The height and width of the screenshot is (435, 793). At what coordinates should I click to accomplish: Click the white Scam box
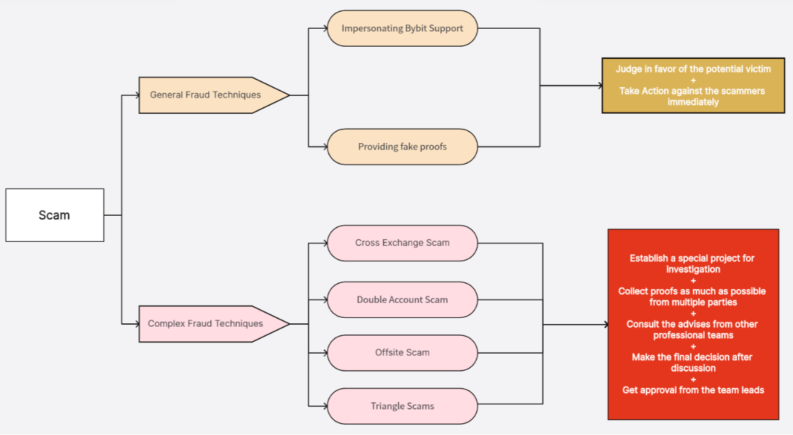coord(55,215)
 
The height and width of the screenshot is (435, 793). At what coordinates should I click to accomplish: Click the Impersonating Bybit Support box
coord(402,29)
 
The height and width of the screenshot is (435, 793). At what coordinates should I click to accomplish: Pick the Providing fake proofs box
coord(402,147)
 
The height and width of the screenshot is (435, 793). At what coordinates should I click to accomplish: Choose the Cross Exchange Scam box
coord(402,243)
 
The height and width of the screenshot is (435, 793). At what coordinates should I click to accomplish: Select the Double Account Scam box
coord(402,299)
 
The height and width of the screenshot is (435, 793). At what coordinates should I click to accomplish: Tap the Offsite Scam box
coord(402,352)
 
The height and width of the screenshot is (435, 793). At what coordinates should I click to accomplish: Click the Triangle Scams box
coord(402,406)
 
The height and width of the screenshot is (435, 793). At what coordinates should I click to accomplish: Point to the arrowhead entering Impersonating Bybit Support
coord(324,29)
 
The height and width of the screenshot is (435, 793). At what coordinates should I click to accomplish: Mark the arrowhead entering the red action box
coord(605,324)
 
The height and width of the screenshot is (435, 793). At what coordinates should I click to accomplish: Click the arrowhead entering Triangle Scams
coord(324,406)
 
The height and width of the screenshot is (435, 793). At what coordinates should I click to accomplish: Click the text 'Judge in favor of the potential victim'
coord(693,69)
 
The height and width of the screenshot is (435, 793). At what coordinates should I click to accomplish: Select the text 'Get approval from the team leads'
coord(693,390)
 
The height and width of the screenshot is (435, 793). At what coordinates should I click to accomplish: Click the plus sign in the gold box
coord(693,80)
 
